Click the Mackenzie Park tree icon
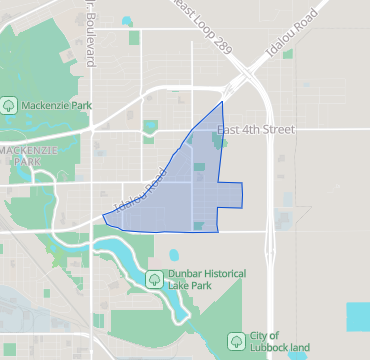[9, 102]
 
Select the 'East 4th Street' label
[256, 130]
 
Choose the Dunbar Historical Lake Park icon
[154, 277]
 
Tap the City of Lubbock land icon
[236, 340]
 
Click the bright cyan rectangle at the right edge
[358, 316]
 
